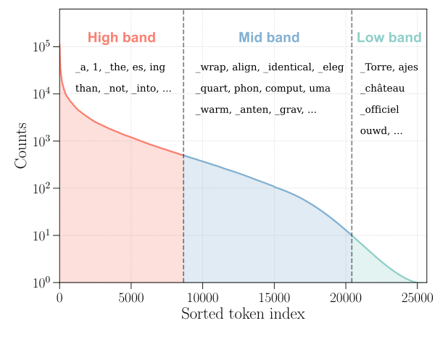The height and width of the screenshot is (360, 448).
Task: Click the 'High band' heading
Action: pos(122,38)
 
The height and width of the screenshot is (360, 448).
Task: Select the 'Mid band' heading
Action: pos(269,38)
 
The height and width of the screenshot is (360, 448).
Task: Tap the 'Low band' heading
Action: pos(389,38)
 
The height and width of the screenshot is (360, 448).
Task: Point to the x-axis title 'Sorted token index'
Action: pos(243,314)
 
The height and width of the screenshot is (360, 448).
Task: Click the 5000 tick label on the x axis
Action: pos(130,296)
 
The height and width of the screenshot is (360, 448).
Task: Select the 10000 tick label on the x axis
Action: pos(202,296)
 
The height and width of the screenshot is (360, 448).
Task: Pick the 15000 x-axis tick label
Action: pos(273,296)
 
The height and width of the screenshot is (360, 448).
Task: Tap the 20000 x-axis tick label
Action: pos(345,296)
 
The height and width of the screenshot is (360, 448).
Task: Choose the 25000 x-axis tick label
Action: pos(416,296)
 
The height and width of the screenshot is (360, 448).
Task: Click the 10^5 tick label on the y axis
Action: pos(41,47)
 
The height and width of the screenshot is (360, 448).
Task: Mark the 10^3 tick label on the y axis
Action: pos(41,141)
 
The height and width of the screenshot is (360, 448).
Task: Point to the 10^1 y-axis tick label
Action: pos(41,235)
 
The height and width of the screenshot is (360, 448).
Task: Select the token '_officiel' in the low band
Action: pos(380,110)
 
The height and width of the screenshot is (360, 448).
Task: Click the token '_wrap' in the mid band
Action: pos(211,68)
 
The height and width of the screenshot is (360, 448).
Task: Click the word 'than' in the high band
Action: pos(86,89)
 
